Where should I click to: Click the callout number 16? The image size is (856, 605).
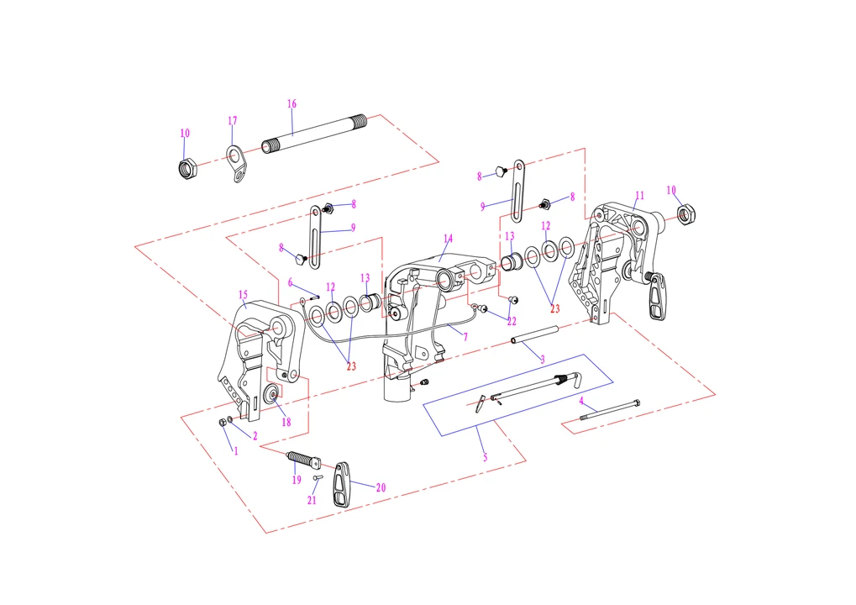291,103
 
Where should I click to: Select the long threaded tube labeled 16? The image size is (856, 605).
314,134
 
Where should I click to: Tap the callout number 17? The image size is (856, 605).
233,121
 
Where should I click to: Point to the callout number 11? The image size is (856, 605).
640,196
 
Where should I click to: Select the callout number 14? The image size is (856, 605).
449,239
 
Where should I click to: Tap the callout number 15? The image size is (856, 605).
243,295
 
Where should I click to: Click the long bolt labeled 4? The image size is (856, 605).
610,411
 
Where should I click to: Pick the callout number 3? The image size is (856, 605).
543,360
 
